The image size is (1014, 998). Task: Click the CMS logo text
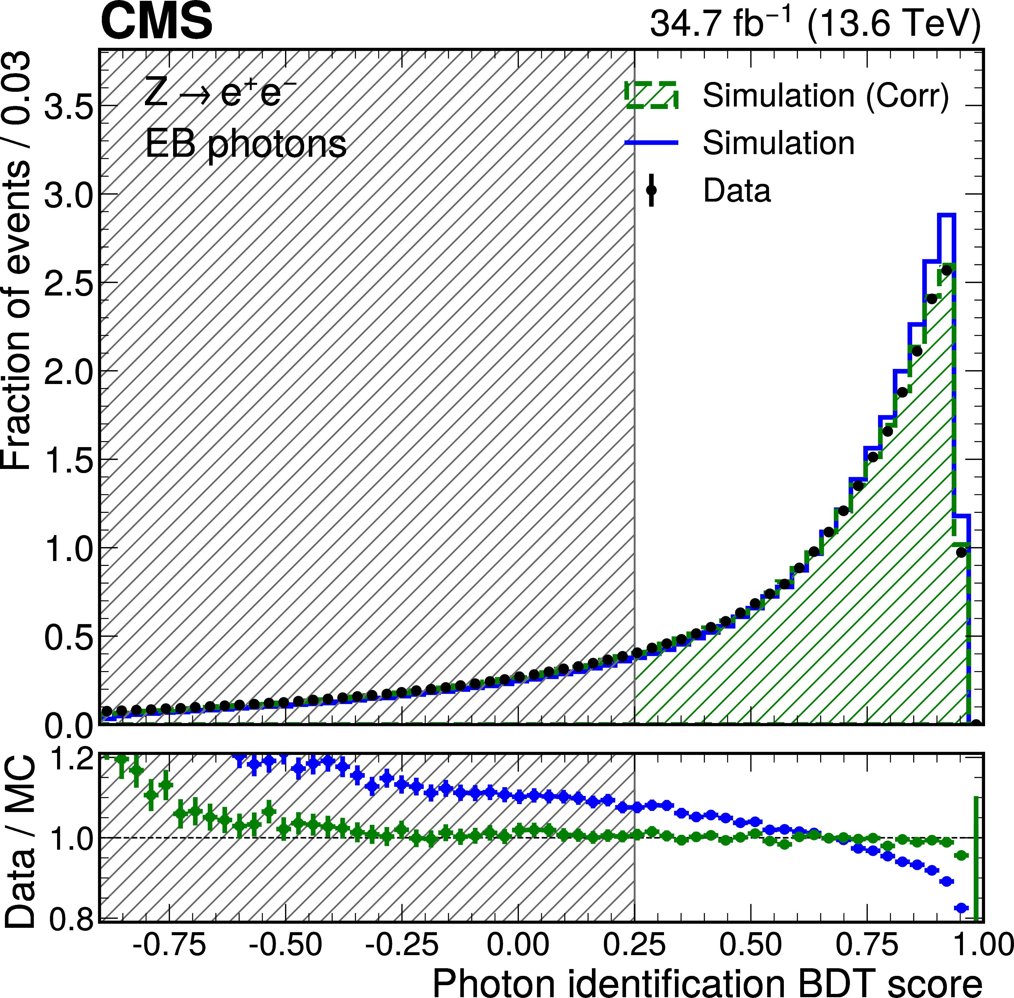coord(156,22)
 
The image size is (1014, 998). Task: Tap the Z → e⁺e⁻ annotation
coord(220,93)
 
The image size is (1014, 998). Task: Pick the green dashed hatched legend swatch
coord(651,95)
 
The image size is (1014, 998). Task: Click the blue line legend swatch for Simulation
coord(651,143)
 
